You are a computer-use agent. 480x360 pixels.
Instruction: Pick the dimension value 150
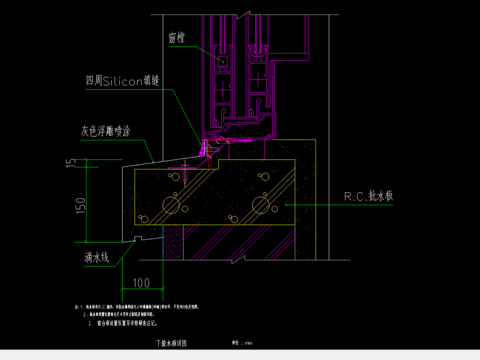coord(71,206)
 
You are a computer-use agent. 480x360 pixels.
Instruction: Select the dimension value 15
coord(71,162)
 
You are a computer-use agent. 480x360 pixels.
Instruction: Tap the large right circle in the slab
coord(262,206)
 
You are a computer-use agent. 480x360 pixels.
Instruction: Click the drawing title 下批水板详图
coord(171,342)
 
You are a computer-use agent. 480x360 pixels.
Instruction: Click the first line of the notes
coord(170,305)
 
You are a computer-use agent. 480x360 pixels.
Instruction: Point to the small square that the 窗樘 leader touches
coord(222,61)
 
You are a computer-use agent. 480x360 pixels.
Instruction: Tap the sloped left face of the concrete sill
coord(127,205)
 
